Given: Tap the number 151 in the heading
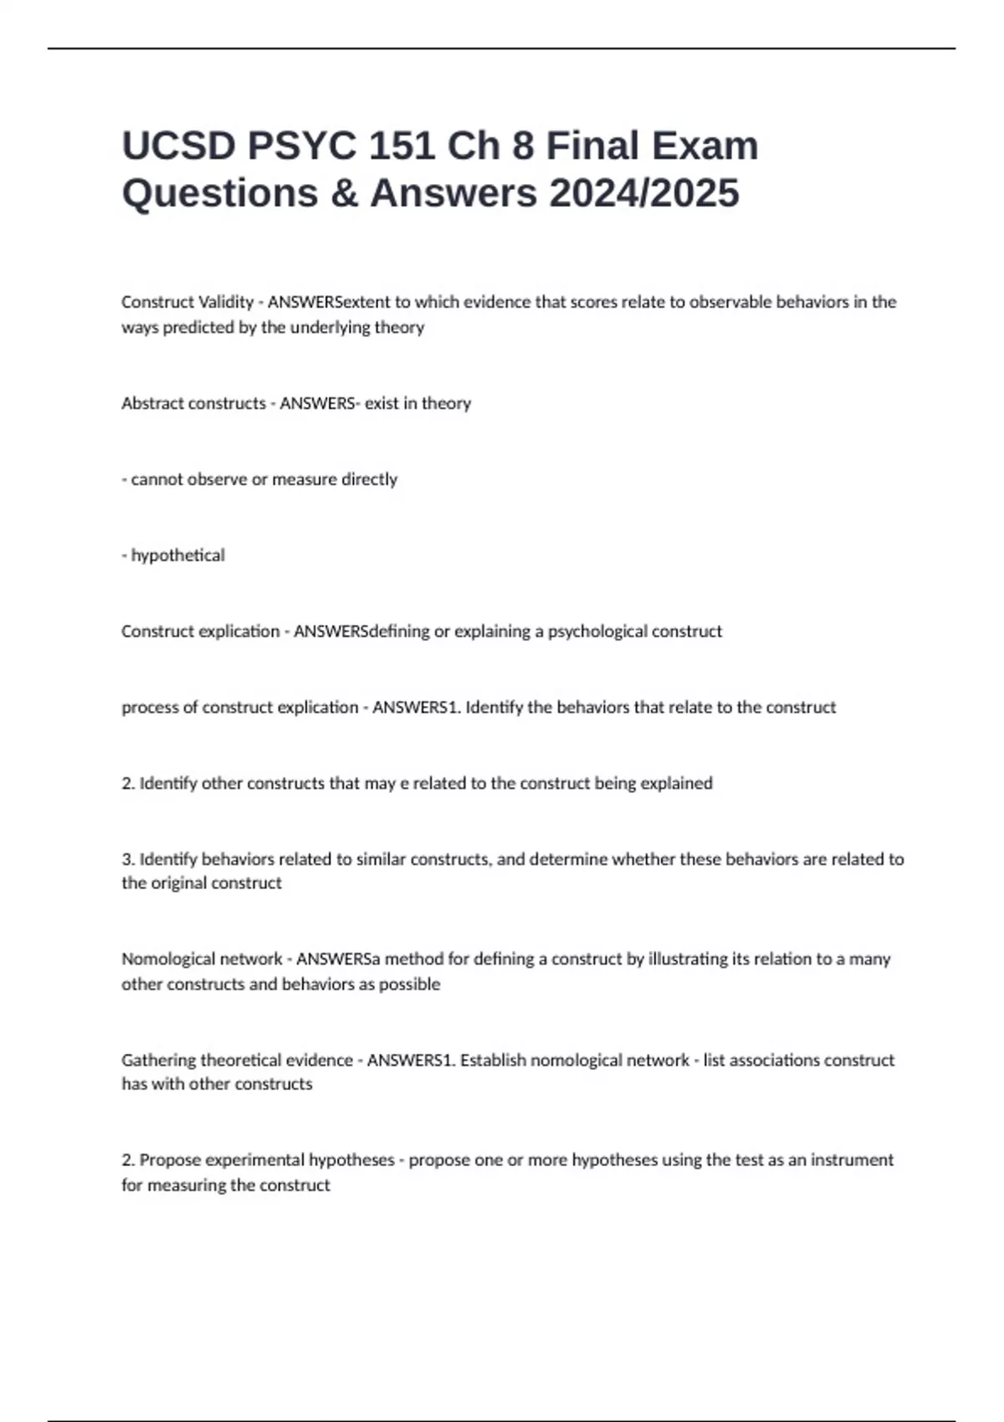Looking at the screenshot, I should [401, 146].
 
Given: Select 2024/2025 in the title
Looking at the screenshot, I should [644, 193].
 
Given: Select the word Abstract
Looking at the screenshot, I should [151, 403].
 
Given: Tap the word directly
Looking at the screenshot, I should [369, 479].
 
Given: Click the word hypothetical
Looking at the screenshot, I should [177, 555].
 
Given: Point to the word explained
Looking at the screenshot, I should [676, 784].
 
